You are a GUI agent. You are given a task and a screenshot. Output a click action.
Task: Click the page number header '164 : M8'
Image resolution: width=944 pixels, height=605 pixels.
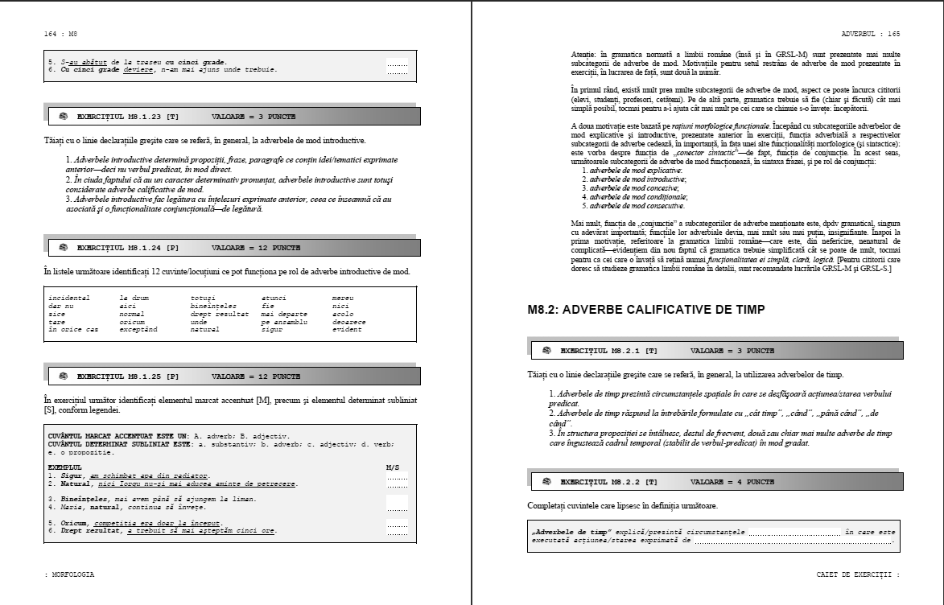click(x=60, y=35)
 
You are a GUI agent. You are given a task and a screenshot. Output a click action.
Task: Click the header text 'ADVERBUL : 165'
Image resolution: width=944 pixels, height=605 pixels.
click(x=871, y=35)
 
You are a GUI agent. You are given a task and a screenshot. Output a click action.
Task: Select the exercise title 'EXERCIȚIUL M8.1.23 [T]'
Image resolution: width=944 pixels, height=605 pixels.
click(x=128, y=117)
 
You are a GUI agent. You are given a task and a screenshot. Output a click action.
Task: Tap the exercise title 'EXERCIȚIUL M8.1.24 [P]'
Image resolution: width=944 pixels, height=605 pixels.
click(x=128, y=248)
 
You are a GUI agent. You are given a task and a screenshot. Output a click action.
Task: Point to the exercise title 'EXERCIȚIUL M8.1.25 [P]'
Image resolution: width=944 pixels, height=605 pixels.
click(x=128, y=376)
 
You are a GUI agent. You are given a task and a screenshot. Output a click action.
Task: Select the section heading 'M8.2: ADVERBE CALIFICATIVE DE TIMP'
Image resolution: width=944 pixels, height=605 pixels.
click(x=646, y=309)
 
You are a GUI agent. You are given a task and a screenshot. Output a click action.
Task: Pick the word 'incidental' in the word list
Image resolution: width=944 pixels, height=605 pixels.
click(x=69, y=298)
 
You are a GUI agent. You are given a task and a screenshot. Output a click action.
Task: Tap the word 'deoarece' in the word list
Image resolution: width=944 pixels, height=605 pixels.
click(x=349, y=322)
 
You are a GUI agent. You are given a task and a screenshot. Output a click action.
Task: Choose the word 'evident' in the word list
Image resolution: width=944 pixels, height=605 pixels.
click(x=348, y=330)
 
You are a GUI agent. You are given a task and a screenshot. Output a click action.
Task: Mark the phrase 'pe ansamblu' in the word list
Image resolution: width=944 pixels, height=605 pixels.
click(x=284, y=322)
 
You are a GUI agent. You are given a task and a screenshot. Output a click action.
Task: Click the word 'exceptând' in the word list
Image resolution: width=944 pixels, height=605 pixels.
click(x=138, y=330)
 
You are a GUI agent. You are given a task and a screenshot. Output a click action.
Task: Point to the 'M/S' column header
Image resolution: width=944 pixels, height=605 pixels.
click(x=393, y=467)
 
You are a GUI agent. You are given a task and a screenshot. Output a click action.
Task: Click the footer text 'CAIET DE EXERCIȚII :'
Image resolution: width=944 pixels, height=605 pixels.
click(x=858, y=574)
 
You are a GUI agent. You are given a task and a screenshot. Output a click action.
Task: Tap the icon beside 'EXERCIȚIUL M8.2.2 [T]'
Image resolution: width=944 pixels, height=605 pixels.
click(x=546, y=483)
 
